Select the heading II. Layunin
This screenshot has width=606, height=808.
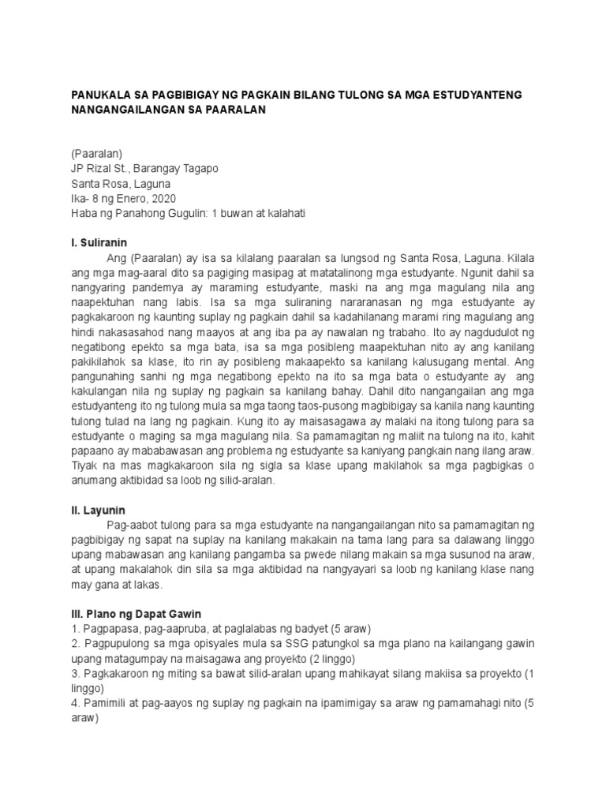99,511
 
